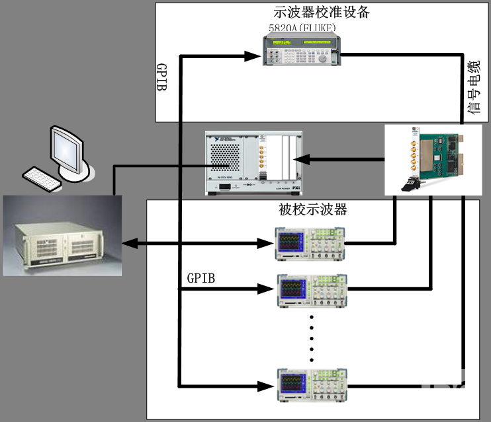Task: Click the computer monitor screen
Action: [68, 147]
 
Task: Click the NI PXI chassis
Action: [254, 162]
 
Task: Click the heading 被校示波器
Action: [313, 211]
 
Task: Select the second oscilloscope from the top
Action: [310, 289]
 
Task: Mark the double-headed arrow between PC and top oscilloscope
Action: [198, 244]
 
